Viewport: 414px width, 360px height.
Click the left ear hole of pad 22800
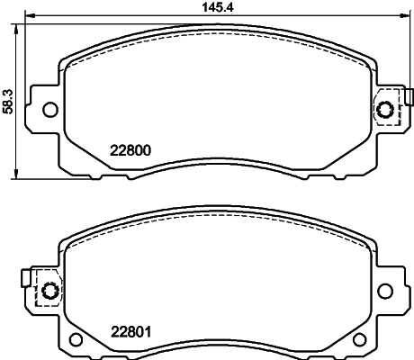click(49, 110)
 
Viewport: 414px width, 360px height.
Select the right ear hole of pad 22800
click(386, 110)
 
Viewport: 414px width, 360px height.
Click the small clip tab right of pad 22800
click(408, 97)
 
